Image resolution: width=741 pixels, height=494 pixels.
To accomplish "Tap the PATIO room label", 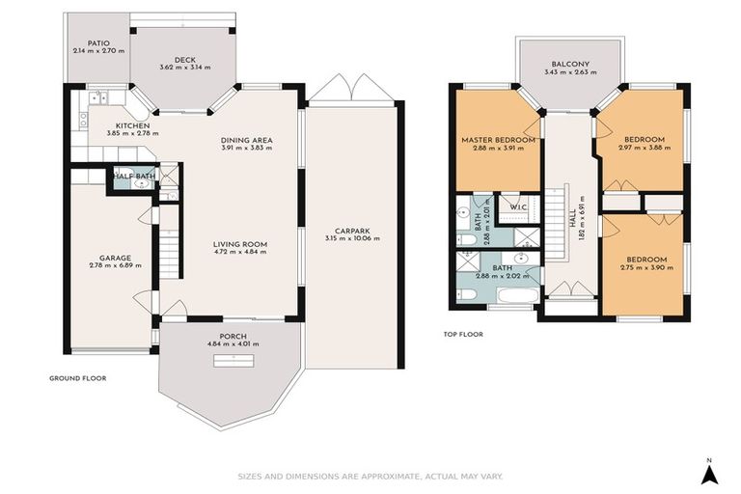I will coord(97,42).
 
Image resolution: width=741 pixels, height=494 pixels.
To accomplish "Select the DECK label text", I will coord(184,58).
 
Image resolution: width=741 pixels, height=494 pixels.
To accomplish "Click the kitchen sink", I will coord(100,96).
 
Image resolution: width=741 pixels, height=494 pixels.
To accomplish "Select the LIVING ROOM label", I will coord(239,244).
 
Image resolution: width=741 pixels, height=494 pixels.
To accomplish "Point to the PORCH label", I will coord(233,336).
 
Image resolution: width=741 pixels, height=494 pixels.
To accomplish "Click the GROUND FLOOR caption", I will coord(77,378).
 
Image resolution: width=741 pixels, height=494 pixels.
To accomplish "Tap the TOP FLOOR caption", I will coord(464,335).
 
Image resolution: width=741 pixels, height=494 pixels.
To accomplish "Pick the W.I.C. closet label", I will coord(517,206).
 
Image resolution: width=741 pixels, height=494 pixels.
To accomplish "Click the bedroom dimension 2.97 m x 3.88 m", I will coord(642,149).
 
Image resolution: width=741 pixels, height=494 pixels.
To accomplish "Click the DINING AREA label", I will coord(247,140).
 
